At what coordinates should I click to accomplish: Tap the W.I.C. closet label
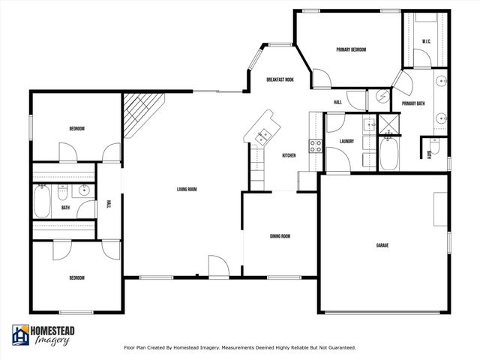coord(425,41)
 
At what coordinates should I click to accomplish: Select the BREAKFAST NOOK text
coord(280,79)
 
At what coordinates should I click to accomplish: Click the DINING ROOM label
coord(280,236)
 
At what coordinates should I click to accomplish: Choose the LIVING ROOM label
coord(187,189)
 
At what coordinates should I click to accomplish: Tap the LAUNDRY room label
coord(346,141)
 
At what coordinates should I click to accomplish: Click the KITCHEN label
coord(289,155)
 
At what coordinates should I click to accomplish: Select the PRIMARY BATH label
coord(414,103)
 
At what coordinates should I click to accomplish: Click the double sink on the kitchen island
coord(262,136)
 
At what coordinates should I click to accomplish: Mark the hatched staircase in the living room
coord(142,114)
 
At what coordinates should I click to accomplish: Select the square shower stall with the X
coord(388,123)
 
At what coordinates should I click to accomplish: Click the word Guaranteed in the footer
coord(337,348)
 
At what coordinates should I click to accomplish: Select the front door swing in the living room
coord(217,265)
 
